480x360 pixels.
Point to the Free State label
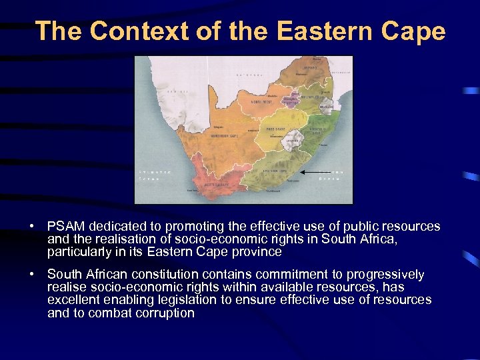pos(274,127)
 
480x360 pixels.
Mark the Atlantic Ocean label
pos(155,175)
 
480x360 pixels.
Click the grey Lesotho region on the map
pos(293,141)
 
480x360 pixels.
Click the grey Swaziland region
pos(326,105)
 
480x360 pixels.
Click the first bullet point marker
pos(32,227)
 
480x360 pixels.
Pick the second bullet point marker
pos(32,275)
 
